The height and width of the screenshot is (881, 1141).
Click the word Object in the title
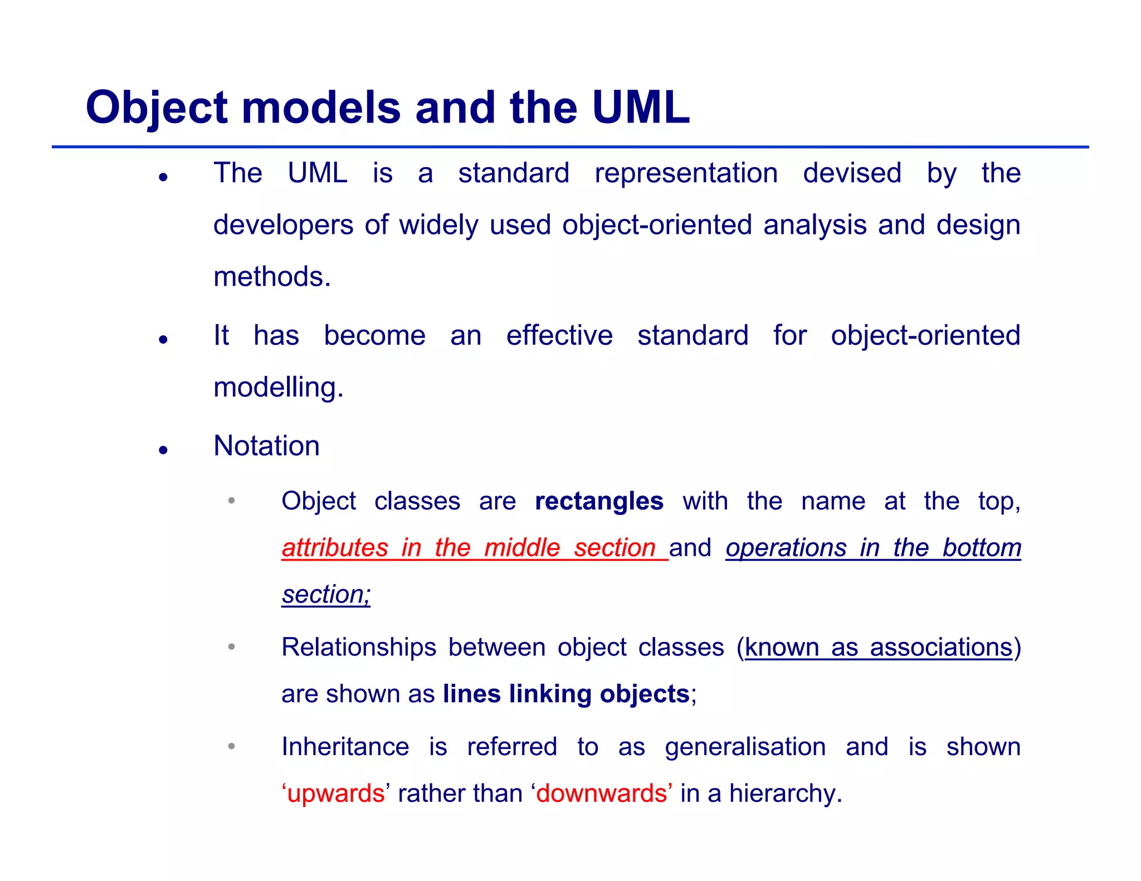coord(157,107)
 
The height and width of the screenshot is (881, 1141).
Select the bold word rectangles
coord(599,501)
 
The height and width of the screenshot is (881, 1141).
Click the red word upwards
coord(335,793)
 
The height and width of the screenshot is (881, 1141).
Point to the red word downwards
coord(602,793)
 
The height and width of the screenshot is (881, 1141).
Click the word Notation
coord(267,446)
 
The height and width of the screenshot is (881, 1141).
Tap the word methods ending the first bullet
coord(271,277)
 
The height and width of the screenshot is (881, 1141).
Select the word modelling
coord(278,387)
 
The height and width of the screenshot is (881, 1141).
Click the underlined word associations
coord(941,648)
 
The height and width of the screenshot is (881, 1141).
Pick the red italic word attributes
coord(335,548)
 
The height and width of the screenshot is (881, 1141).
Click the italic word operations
coord(786,548)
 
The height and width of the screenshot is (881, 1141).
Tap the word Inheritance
coord(345,747)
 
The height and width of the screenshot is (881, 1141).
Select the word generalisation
coord(745,747)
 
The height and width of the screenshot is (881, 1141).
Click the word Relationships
coord(359,648)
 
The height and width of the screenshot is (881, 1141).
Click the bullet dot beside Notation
coord(163,450)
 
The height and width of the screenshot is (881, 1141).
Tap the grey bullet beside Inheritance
coord(231,746)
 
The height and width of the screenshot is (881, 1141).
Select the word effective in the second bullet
coord(559,336)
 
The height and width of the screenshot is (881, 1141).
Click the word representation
coord(686,173)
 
